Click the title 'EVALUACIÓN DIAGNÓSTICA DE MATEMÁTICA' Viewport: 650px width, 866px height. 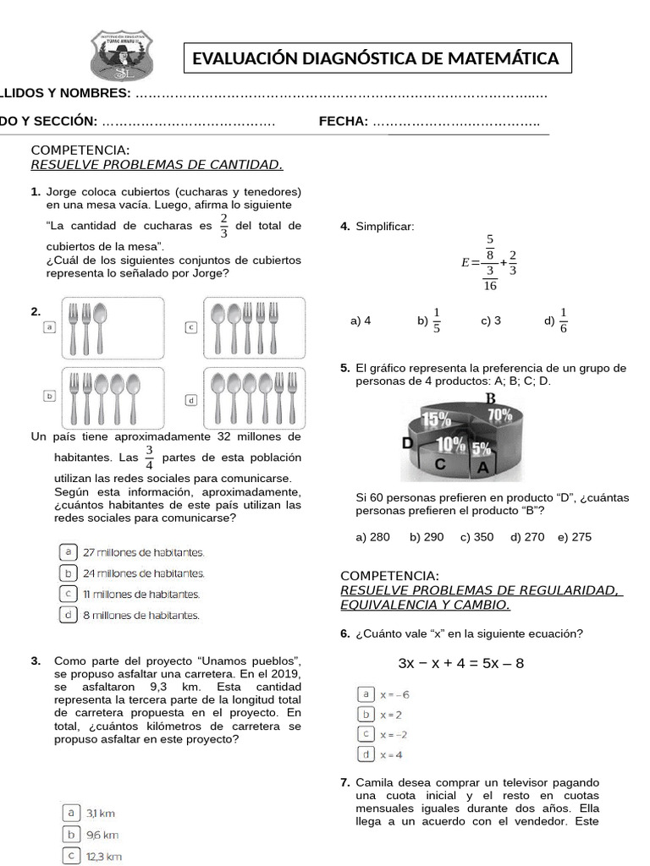tap(376, 58)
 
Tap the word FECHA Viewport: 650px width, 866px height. tap(343, 122)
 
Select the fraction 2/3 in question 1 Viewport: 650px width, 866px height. tap(224, 226)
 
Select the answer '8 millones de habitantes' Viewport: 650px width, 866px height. tap(141, 615)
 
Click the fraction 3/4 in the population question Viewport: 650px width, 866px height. tap(149, 458)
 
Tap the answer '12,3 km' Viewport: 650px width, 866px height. tap(104, 856)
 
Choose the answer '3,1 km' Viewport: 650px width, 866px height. tap(101, 814)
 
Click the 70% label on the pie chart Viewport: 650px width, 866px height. tap(499, 414)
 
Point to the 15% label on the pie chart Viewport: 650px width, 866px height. tap(436, 418)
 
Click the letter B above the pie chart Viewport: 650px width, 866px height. tap(489, 398)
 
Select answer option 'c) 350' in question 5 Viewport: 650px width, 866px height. tap(477, 537)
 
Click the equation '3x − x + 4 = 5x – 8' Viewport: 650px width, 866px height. tap(460, 663)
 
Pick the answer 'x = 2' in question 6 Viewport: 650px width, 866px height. tap(391, 715)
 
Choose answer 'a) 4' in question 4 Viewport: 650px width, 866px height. tap(360, 321)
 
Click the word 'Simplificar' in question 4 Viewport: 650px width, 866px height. tap(385, 226)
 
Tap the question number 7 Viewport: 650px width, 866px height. tap(344, 782)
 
